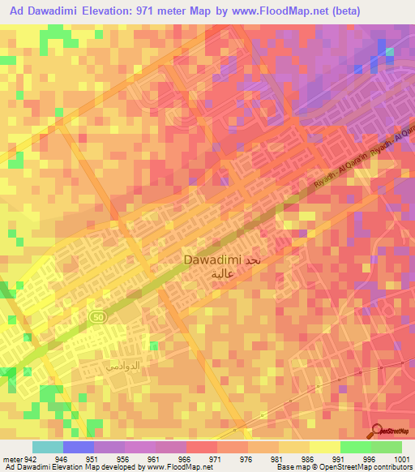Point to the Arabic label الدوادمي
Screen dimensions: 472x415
tap(122, 367)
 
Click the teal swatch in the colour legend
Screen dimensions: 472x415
tap(47, 447)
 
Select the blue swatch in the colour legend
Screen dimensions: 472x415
tap(78, 447)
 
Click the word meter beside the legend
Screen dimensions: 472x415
tap(12, 459)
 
